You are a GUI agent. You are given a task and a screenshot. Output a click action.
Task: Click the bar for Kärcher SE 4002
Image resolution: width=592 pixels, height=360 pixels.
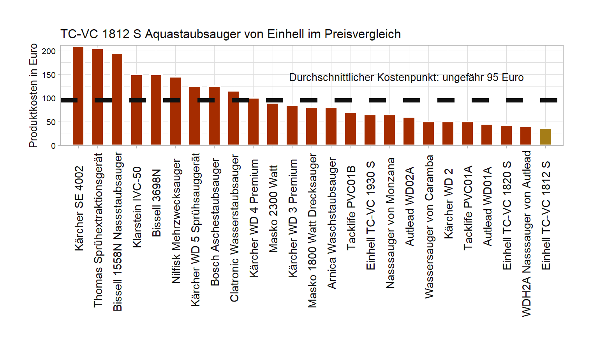(78, 96)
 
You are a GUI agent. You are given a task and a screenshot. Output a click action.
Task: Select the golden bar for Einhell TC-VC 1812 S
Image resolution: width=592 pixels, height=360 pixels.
(545, 137)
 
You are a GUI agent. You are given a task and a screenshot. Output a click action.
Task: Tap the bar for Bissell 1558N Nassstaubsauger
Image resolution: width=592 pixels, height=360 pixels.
(117, 99)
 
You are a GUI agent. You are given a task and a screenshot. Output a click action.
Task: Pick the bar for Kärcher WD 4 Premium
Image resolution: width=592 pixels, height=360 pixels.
(253, 122)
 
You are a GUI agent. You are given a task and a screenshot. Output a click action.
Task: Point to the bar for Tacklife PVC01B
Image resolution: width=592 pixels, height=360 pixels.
(351, 129)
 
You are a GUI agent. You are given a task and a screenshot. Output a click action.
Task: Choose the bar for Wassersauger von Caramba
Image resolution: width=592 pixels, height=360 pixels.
(428, 134)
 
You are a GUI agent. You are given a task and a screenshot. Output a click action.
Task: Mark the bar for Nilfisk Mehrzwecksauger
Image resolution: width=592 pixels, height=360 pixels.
(175, 111)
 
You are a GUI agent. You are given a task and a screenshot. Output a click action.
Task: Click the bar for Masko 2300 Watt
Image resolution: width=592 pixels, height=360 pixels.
(273, 124)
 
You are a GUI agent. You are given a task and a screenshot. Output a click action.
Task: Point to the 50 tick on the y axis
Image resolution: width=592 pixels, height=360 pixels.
(51, 122)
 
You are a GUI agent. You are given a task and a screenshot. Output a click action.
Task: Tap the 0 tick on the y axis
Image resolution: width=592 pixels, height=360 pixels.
(53, 146)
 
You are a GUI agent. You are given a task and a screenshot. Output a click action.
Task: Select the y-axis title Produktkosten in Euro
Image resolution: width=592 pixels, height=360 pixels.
(33, 95)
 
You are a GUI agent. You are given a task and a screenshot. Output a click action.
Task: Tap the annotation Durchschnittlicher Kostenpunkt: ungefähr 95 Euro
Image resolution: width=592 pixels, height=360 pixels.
(406, 78)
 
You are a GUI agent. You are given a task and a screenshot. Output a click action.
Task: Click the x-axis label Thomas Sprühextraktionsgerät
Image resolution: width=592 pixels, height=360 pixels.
(98, 230)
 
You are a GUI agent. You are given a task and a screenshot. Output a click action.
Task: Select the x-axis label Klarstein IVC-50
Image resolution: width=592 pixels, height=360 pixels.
(137, 207)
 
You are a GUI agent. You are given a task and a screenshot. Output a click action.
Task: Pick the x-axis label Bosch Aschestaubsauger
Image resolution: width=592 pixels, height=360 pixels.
(215, 222)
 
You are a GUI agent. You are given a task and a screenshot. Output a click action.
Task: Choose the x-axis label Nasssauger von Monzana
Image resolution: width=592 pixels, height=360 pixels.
(390, 223)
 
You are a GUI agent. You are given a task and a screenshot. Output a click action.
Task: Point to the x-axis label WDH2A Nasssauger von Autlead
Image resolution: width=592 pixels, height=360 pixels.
(526, 233)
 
